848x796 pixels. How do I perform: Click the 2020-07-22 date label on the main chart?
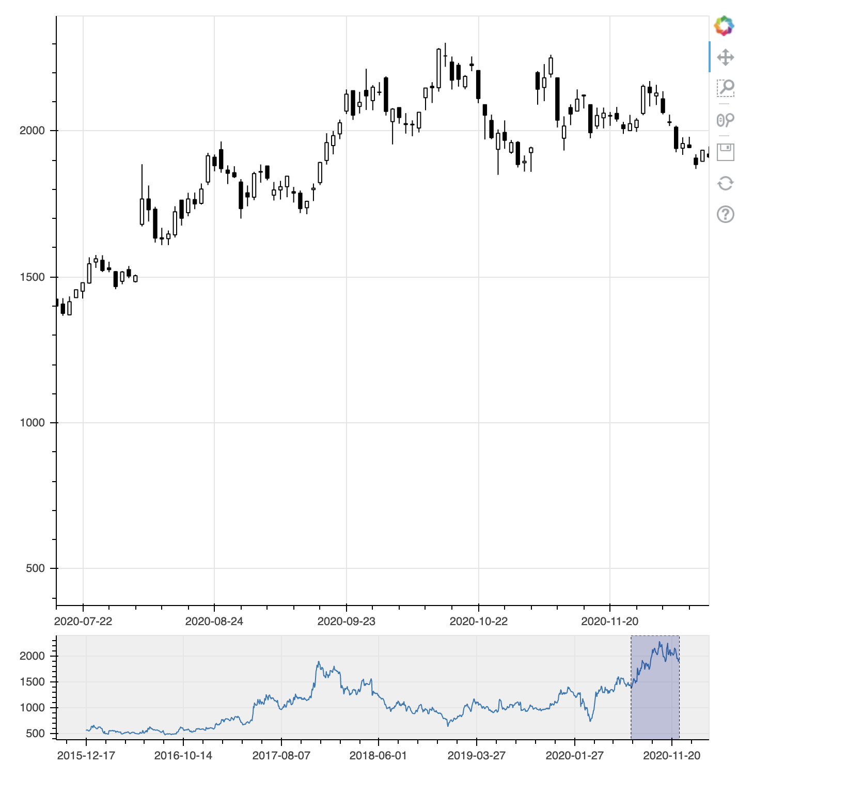(x=83, y=621)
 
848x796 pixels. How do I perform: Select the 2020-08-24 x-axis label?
(x=214, y=621)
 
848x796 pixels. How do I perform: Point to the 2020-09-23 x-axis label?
(x=346, y=621)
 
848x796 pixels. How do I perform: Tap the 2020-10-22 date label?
(x=478, y=621)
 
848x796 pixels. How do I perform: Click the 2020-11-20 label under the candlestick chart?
(x=609, y=621)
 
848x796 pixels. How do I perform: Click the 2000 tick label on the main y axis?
(x=32, y=131)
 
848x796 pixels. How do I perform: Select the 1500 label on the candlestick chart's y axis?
(x=32, y=277)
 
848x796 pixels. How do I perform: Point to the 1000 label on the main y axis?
(x=32, y=423)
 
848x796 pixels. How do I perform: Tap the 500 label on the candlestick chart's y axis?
(x=35, y=568)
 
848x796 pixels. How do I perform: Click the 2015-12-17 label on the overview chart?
(x=86, y=756)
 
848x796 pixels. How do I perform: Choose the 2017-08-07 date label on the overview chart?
(x=281, y=756)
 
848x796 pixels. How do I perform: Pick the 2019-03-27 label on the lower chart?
(x=476, y=756)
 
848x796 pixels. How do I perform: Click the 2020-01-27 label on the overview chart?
(x=574, y=756)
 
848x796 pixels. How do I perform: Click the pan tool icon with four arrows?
(x=726, y=57)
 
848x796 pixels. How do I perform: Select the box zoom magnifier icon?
(x=726, y=88)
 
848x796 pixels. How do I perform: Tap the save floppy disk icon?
(x=726, y=152)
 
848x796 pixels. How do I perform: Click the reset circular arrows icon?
(x=726, y=183)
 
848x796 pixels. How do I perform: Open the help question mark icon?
(x=726, y=214)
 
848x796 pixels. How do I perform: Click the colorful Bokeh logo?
(x=724, y=26)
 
